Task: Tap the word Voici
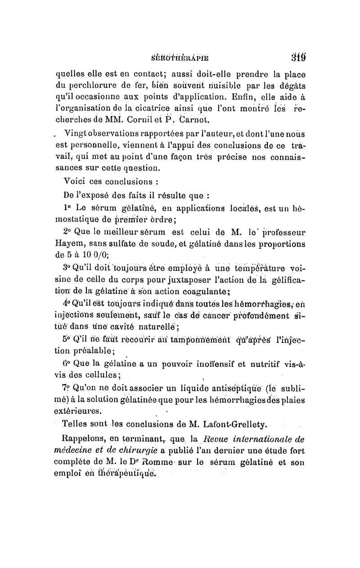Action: coord(76,182)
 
